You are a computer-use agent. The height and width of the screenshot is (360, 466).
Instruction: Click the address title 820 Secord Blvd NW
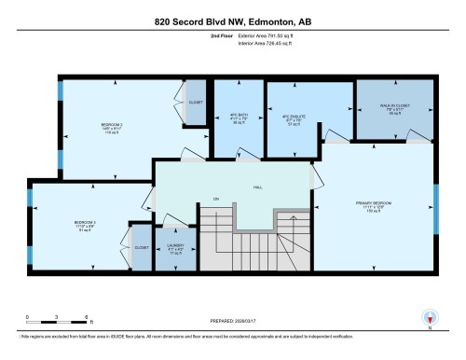coord(233,21)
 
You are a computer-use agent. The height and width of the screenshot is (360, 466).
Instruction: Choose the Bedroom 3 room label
coord(86,224)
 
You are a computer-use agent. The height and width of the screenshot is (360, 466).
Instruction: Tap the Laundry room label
coord(175,249)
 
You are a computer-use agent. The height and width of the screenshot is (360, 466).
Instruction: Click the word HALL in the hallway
coord(256,187)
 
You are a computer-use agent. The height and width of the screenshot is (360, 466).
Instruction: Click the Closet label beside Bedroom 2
coord(196,103)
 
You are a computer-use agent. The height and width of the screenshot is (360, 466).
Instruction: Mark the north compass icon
coord(430,318)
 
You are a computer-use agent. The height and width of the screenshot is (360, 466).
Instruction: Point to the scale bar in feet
coord(57,322)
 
